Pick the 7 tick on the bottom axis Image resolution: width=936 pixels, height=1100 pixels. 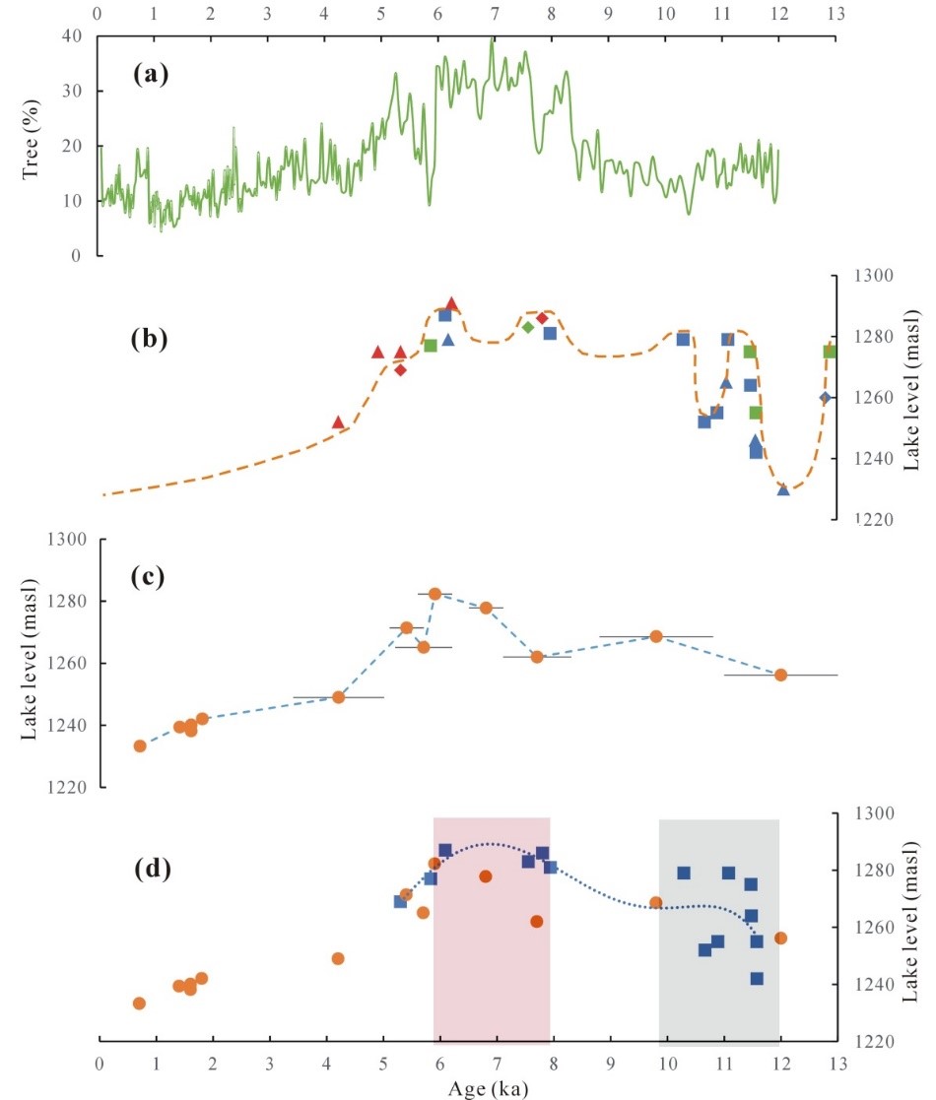(496, 1063)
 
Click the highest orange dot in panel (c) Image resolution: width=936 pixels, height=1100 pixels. (435, 594)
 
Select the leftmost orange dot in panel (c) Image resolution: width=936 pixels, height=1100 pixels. (140, 745)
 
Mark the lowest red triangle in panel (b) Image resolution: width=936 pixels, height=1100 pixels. (338, 421)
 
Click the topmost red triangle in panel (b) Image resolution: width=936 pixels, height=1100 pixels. (452, 303)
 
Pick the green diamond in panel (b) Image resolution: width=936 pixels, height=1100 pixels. (528, 327)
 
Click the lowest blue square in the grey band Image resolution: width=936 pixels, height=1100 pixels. (757, 979)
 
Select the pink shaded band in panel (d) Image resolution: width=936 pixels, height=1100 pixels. (491, 985)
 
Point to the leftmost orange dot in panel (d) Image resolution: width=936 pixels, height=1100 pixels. (139, 1003)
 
